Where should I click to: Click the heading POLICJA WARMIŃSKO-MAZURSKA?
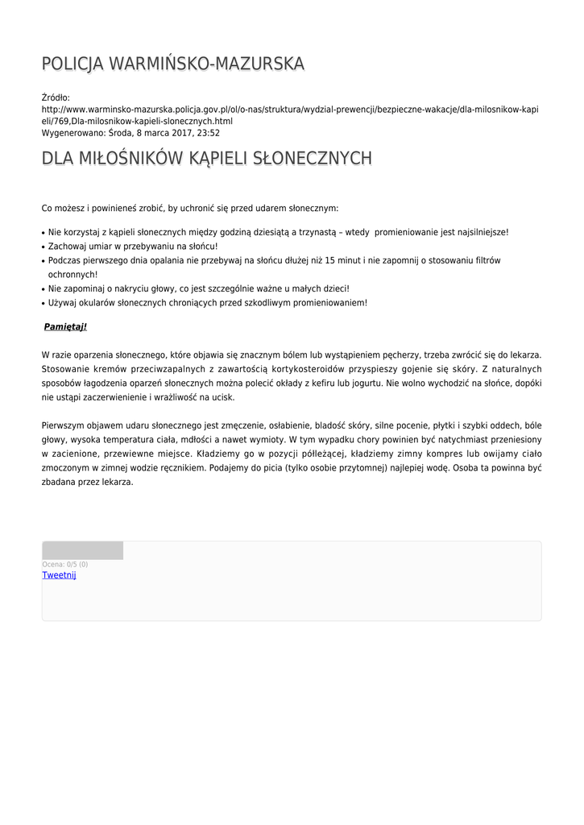pos(172,64)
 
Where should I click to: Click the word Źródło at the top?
pos(56,97)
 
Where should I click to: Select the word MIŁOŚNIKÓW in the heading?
pos(129,159)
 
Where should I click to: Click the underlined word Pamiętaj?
pos(65,326)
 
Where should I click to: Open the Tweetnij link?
pos(59,575)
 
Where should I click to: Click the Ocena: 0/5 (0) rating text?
pos(65,564)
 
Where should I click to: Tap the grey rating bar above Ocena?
pos(83,550)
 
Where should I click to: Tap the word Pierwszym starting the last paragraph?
pos(64,425)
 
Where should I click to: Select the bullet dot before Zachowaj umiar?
pos(43,247)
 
